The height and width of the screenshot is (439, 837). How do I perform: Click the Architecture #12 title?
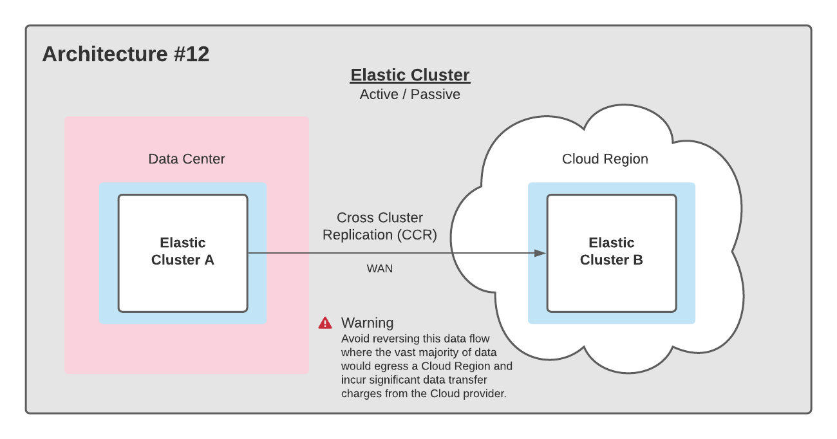click(126, 54)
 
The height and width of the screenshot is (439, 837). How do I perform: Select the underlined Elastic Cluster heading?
click(410, 75)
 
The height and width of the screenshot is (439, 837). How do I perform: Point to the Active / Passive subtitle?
click(410, 95)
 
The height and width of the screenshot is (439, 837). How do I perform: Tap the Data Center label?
click(187, 159)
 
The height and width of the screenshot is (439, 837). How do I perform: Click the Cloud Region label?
click(605, 159)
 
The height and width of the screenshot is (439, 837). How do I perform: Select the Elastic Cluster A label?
click(183, 251)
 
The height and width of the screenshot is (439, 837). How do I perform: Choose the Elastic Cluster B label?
click(611, 251)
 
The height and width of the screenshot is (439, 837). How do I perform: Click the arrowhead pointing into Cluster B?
click(540, 254)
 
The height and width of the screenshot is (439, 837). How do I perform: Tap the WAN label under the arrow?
click(380, 268)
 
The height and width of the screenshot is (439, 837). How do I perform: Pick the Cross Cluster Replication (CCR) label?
click(380, 226)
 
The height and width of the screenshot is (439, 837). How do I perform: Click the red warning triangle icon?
click(325, 322)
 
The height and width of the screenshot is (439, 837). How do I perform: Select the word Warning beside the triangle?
click(367, 322)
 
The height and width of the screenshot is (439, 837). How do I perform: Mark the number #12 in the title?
click(191, 54)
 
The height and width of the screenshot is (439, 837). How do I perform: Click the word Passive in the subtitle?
click(435, 95)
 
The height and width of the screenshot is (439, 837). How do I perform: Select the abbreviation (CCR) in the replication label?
click(417, 235)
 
